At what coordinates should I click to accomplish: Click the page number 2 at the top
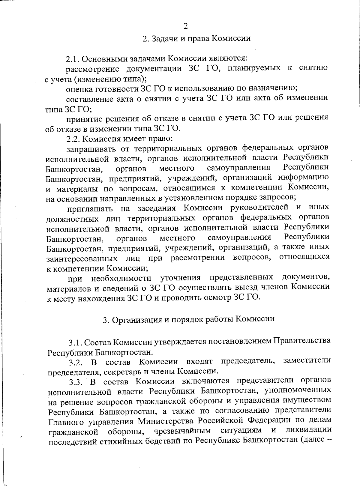pos(185,26)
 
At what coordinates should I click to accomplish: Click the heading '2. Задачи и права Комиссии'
pos(196,38)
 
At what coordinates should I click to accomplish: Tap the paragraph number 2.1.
pos(73,58)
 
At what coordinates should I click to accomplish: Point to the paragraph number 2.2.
pos(73,139)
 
